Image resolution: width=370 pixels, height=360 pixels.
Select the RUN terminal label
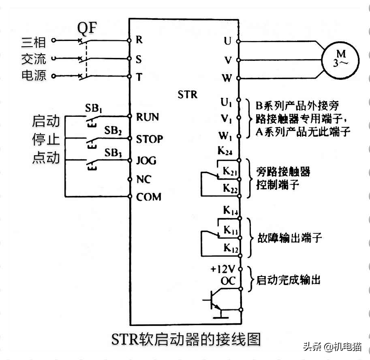[x=148, y=117]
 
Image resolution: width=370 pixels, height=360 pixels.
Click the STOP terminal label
[x=149, y=139]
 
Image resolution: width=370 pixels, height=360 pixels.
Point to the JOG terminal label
[x=146, y=161]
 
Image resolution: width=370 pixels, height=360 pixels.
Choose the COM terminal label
[x=148, y=197]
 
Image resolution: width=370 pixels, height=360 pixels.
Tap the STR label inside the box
[x=187, y=94]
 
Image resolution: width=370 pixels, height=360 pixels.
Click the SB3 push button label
[x=113, y=153]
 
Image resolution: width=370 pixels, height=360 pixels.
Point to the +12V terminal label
[x=222, y=269]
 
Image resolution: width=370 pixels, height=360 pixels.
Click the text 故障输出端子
[x=289, y=238]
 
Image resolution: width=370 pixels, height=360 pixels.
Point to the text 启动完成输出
[x=288, y=280]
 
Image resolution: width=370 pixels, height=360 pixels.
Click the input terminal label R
[x=139, y=40]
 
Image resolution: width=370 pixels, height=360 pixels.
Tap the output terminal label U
[x=227, y=41]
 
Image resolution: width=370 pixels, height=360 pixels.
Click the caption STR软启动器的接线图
[x=186, y=339]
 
